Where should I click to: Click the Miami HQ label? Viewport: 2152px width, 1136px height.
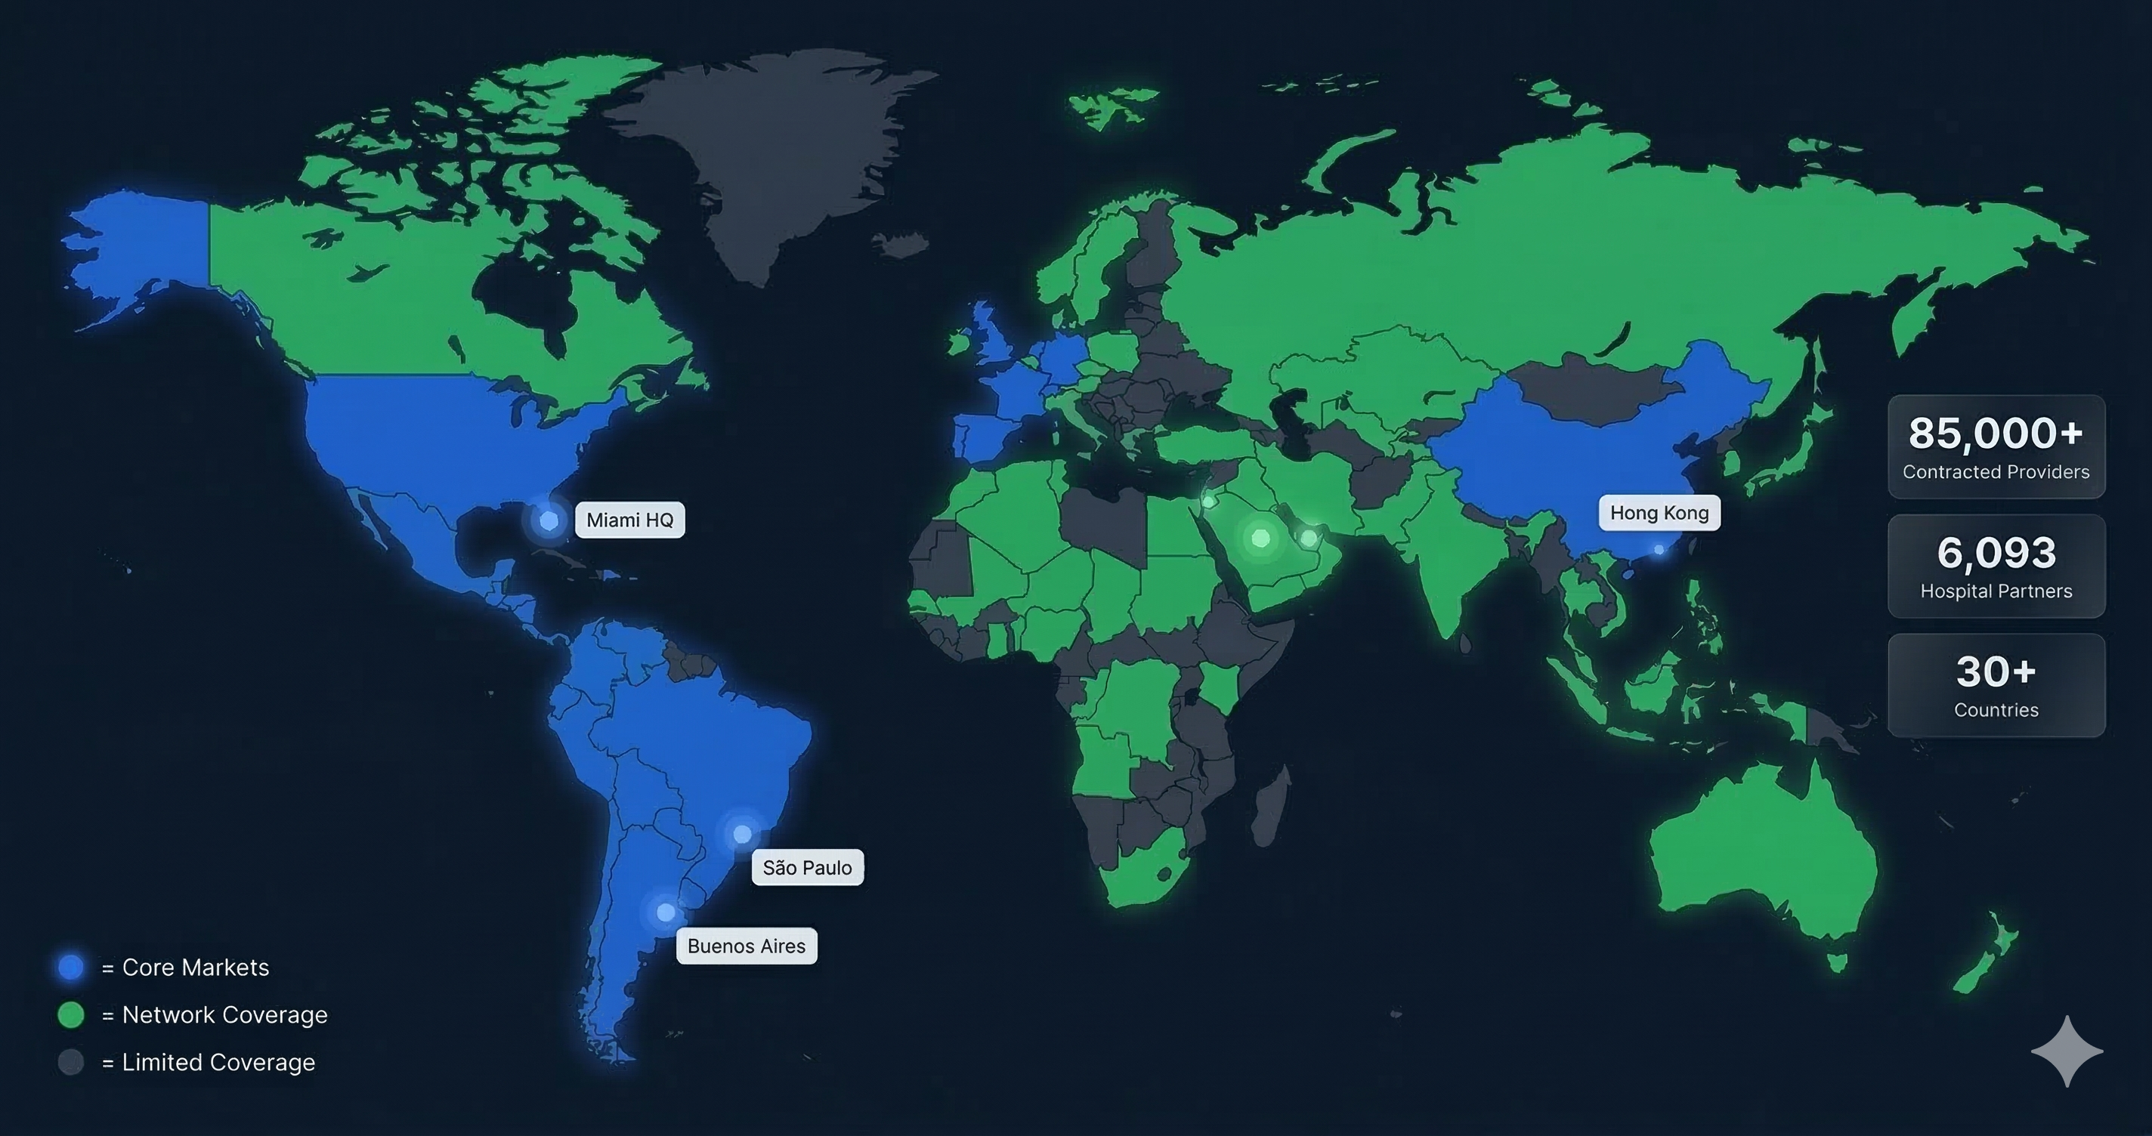(630, 520)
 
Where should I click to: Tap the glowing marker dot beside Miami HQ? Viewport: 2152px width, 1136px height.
(549, 521)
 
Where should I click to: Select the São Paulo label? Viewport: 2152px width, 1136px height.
(807, 868)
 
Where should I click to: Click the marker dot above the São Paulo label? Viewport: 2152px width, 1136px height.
(742, 834)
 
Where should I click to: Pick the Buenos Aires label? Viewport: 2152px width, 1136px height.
(746, 946)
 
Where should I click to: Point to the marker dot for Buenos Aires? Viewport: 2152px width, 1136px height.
(666, 912)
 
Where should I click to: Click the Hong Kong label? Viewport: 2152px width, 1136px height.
(1659, 513)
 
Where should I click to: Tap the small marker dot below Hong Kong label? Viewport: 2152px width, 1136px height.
(1659, 550)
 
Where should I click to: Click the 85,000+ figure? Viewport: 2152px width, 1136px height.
(1996, 434)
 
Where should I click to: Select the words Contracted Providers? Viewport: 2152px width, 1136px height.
(1996, 472)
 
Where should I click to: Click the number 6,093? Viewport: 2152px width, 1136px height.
(1996, 553)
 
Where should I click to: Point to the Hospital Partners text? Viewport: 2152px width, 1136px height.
(1996, 591)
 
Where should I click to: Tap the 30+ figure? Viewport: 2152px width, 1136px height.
(1996, 671)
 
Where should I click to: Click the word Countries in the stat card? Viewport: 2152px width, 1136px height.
(1996, 710)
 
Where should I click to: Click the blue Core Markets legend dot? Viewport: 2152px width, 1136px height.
(71, 968)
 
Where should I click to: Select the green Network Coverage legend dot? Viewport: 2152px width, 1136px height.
(71, 1015)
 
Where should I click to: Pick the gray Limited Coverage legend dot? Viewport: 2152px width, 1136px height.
(71, 1063)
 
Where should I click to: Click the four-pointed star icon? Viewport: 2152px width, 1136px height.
(2067, 1051)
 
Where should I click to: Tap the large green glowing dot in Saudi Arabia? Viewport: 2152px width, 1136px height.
(1260, 538)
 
